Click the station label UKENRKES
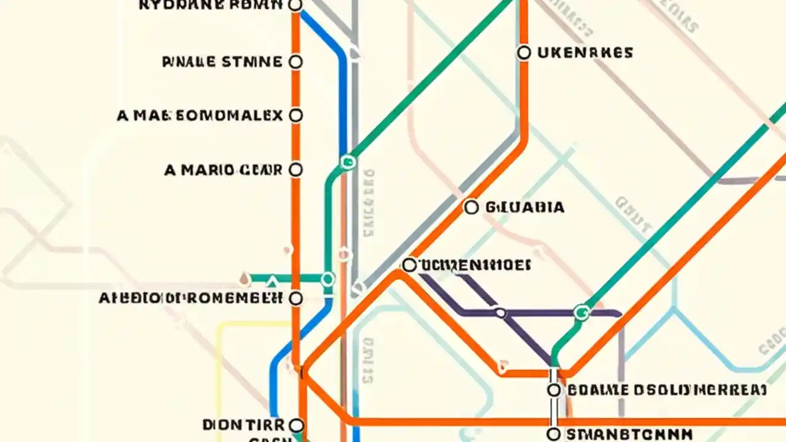click(585, 53)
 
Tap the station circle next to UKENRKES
click(524, 53)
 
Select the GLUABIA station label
click(524, 207)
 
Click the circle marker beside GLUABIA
click(471, 207)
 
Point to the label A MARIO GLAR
click(224, 170)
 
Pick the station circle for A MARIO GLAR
click(295, 169)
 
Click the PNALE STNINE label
click(222, 62)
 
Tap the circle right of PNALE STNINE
click(295, 62)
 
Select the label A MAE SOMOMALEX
click(200, 115)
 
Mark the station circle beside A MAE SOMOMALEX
click(295, 115)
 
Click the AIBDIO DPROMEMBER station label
click(191, 298)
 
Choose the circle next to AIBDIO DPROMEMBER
click(295, 298)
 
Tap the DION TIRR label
click(243, 425)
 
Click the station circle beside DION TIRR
click(296, 425)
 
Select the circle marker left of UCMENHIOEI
click(409, 265)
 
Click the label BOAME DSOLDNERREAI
click(666, 390)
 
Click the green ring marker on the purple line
click(581, 313)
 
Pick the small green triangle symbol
click(272, 282)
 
